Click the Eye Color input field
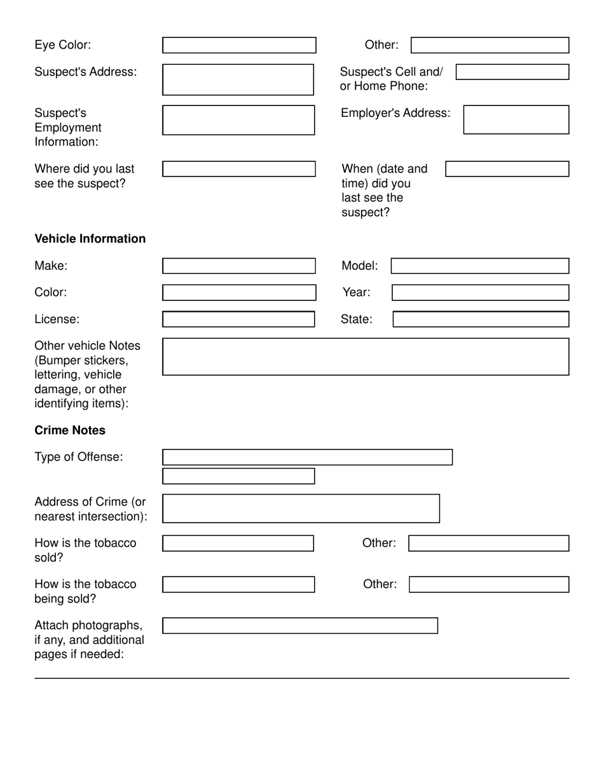tap(239, 45)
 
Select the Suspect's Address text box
tap(238, 79)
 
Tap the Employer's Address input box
tap(516, 119)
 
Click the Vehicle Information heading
tap(90, 239)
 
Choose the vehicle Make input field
tap(239, 266)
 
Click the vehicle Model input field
tap(479, 266)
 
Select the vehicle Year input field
tap(480, 293)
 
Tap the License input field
tap(238, 319)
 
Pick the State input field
tap(481, 319)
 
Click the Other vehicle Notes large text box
tap(366, 357)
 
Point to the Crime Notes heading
tap(70, 431)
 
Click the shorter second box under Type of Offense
tap(238, 476)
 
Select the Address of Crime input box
tap(301, 509)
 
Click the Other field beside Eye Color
tap(490, 45)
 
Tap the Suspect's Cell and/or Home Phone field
tap(512, 72)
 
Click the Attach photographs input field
tap(300, 625)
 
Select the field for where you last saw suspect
tap(239, 169)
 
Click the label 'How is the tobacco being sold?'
tap(85, 591)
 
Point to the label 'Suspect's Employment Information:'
tap(68, 127)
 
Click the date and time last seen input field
tap(507, 169)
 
